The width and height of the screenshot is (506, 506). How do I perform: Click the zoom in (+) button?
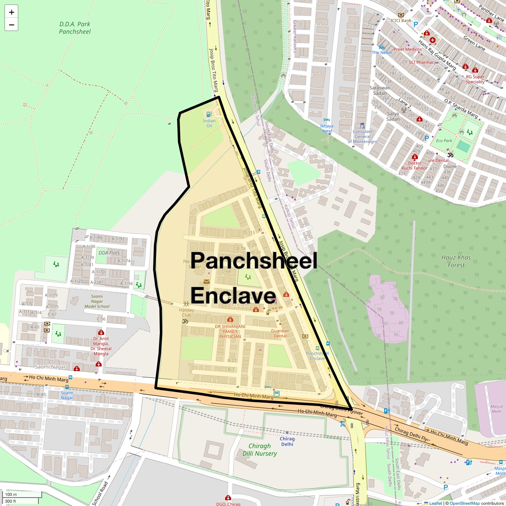coord(11,12)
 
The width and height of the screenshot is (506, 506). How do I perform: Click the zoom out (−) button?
coord(11,25)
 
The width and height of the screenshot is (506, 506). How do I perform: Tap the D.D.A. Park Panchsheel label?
coord(75,27)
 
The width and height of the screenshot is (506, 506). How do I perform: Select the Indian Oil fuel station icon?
coord(208,114)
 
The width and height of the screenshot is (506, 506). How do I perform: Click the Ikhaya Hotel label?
coord(326,128)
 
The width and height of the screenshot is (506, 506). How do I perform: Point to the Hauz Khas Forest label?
coord(456,261)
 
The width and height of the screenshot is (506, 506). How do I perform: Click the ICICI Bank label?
coord(401,20)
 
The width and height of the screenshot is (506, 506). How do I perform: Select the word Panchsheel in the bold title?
coord(254,261)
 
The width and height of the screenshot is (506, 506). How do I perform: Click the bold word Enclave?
coord(233,296)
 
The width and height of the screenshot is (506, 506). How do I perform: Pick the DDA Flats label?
coord(109,253)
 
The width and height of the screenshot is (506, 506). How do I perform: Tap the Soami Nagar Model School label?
coord(97,304)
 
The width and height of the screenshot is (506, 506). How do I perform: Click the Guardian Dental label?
coord(280,333)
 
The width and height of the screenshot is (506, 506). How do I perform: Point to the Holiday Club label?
coord(186,312)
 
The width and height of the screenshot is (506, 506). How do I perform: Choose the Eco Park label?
coord(444,141)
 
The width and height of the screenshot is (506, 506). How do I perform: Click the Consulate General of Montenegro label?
coord(363,137)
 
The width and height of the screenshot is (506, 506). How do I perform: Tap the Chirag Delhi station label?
coord(287,441)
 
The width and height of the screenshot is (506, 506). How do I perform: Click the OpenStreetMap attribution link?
coord(464,503)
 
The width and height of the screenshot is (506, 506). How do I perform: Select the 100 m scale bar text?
coord(11,495)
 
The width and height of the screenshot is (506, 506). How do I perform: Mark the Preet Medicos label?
coord(407,49)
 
